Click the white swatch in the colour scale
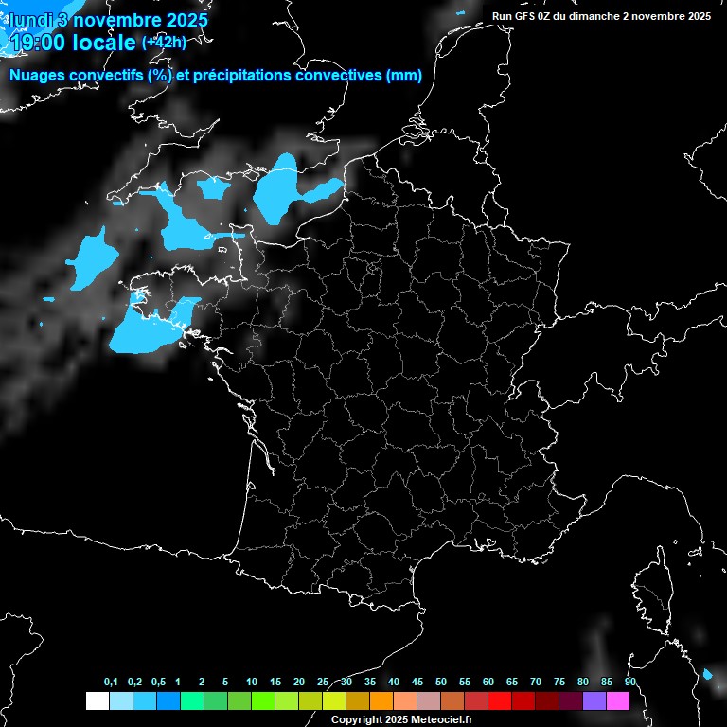pyautogui.click(x=97, y=700)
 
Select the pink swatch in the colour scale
pyautogui.click(x=617, y=700)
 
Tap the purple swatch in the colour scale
pyautogui.click(x=594, y=700)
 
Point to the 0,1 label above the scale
pyautogui.click(x=111, y=682)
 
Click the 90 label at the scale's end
pyautogui.click(x=629, y=682)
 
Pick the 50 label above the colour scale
pyautogui.click(x=441, y=682)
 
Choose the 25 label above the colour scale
pyautogui.click(x=323, y=682)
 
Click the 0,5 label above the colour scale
pyautogui.click(x=158, y=682)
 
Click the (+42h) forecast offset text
pyautogui.click(x=163, y=42)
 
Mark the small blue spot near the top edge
pyautogui.click(x=460, y=12)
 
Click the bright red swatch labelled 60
pyautogui.click(x=499, y=700)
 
